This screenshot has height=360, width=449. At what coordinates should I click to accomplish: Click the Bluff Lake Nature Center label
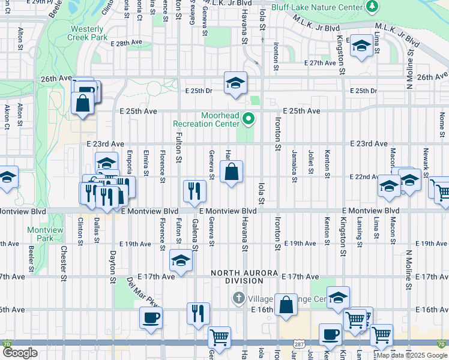318,7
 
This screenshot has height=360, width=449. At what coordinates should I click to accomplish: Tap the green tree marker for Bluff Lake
373,7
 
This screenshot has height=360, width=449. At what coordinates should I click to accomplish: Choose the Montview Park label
40,234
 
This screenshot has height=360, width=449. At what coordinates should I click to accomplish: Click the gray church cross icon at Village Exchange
238,298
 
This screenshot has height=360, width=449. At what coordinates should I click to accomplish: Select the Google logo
20,353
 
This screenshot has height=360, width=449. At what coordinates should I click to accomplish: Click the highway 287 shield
298,343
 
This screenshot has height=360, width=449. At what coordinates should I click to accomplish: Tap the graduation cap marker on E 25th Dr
236,83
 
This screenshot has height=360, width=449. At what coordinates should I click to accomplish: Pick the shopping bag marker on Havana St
232,173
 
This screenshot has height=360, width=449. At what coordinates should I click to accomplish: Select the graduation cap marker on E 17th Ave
180,262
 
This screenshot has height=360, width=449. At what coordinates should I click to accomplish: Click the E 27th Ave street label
320,63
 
